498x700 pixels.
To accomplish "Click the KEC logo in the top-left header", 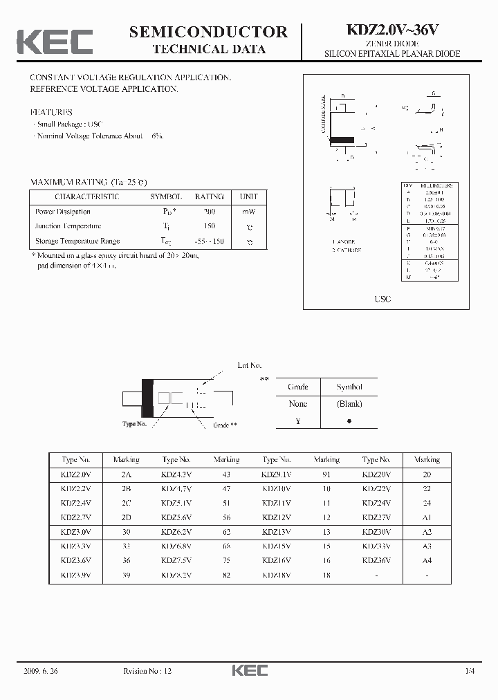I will [x=55, y=42].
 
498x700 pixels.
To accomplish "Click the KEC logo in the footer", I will [x=249, y=670].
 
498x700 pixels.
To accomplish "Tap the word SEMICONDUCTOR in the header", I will [x=208, y=32].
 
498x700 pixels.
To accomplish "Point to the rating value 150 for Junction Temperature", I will [x=210, y=226].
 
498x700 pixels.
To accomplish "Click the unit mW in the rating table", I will [x=249, y=212].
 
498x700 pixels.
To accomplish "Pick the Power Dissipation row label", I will [x=63, y=212].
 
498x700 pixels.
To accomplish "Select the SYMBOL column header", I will [x=166, y=197].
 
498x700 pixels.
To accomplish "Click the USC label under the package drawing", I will [x=382, y=299].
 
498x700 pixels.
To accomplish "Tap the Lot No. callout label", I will [x=250, y=365].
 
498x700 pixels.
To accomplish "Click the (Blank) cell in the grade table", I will [x=349, y=404].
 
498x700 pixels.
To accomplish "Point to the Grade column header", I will [x=297, y=387].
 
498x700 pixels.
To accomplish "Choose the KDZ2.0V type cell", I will [x=75, y=474].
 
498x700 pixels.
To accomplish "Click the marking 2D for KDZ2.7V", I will [x=126, y=517].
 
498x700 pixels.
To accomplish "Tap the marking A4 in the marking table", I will [x=427, y=560].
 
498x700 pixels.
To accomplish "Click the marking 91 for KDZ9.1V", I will [x=326, y=474].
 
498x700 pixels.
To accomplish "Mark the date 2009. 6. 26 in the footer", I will [x=41, y=670].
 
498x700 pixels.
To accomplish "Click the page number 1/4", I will [x=470, y=670].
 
